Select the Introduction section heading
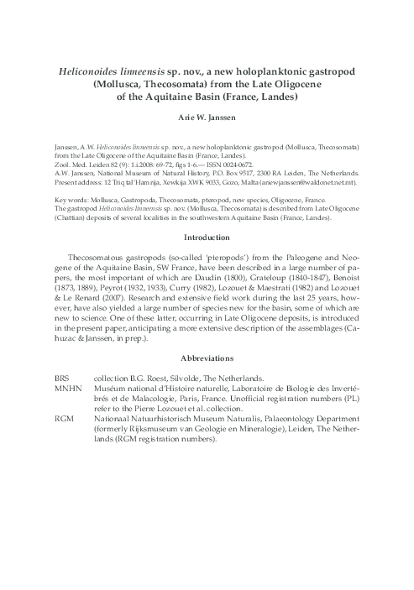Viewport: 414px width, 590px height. click(x=207, y=237)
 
